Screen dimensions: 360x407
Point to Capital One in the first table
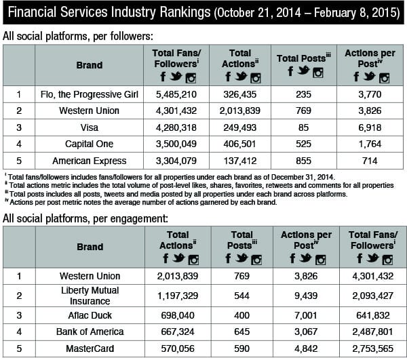pos(90,144)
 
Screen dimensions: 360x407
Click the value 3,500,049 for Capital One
pos(175,144)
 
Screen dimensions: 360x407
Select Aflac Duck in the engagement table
pos(90,316)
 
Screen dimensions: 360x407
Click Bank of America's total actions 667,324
pos(178,332)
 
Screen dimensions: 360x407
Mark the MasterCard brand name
pos(90,349)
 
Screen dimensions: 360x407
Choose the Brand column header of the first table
pos(90,66)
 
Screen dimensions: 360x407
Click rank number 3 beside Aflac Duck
pos(18,316)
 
